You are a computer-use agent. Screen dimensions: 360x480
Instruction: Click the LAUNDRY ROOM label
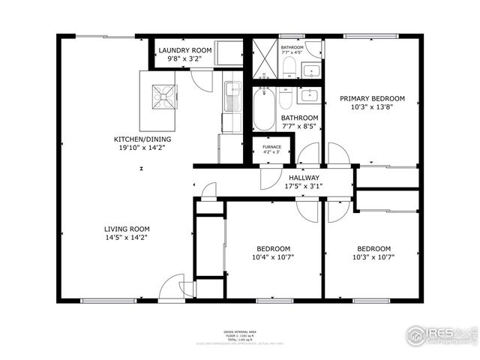tap(185, 50)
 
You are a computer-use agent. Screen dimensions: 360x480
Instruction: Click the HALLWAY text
tap(304, 178)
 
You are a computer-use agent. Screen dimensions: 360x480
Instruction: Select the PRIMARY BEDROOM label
tap(372, 98)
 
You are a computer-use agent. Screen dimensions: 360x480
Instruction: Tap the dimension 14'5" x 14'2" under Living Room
tap(127, 238)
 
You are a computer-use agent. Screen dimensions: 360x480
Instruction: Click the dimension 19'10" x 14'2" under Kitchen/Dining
tap(139, 148)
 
